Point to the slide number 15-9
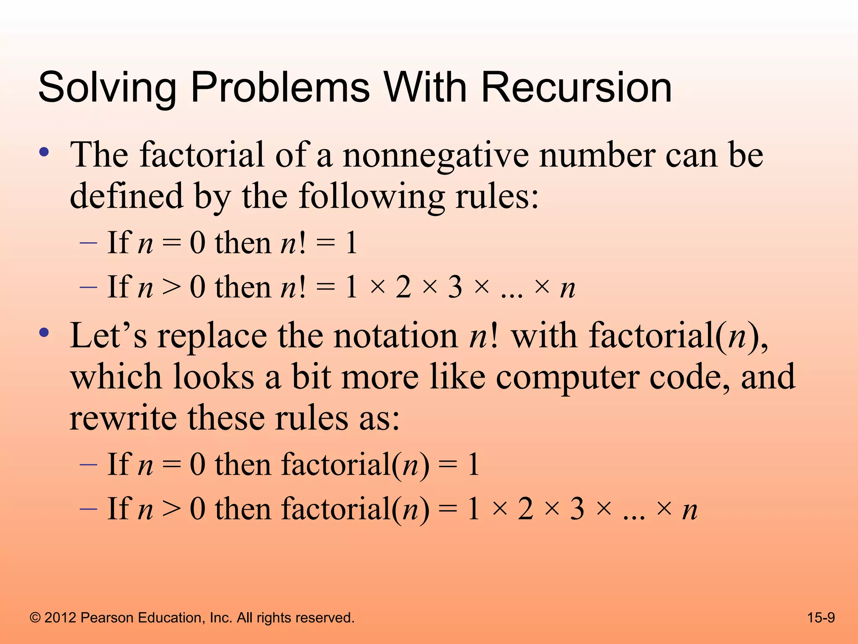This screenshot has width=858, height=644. (x=821, y=618)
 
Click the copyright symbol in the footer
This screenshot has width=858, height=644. (x=35, y=618)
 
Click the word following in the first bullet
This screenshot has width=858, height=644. (x=372, y=197)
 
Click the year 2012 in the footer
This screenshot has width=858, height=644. (x=60, y=618)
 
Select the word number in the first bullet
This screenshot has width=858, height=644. (x=597, y=155)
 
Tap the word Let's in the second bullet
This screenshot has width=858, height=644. (x=109, y=336)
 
